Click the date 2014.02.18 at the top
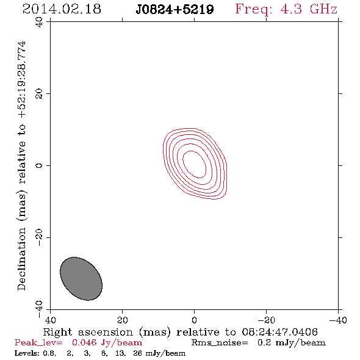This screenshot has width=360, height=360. pos(62,9)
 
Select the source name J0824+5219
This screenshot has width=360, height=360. pos(175,10)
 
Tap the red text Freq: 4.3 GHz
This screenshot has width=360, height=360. pos(286,9)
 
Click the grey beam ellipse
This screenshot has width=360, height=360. pos(81,278)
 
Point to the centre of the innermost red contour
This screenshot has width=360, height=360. pos(195,164)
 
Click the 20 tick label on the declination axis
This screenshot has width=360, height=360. pos(39,94)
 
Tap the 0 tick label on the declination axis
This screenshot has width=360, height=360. pos(39,165)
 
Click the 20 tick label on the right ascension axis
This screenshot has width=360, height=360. pos(122,320)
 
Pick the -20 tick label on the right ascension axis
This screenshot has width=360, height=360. pos(266,320)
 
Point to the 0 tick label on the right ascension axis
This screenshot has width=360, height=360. pos(194,320)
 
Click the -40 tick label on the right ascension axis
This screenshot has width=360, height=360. pos(338,320)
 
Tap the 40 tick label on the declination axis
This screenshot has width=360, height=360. pos(39,22)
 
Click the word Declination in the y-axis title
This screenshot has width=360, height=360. pos(21,259)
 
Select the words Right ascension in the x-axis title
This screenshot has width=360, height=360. pos(88,332)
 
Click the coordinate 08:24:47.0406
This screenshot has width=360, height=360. pos(279,332)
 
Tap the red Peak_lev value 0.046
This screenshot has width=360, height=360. pos(84,342)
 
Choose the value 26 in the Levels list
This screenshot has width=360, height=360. pos(137,353)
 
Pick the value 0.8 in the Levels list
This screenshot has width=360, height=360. pos(49,353)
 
